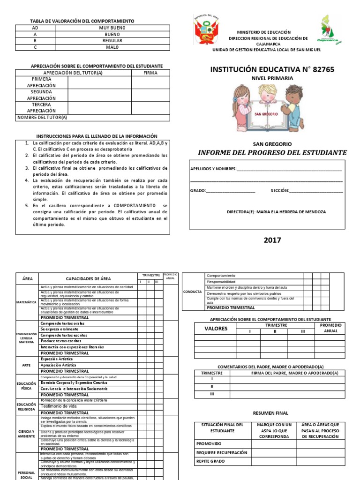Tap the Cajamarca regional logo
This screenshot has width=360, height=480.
330,30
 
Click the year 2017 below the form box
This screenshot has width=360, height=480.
272,240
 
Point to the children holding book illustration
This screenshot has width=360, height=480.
268,108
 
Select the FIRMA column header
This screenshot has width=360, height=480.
150,73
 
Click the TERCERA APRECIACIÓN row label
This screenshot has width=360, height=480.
41,108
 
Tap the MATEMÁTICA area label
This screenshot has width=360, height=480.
27,302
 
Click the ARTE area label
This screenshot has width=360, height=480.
27,364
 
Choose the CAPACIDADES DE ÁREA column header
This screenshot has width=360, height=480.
88,278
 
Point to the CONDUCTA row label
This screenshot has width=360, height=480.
193,291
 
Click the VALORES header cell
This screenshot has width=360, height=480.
215,329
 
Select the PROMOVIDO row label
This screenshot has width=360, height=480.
209,443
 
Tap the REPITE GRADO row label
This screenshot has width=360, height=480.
211,461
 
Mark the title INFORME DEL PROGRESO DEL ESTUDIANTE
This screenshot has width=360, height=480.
272,153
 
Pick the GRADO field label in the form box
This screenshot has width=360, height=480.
197,191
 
